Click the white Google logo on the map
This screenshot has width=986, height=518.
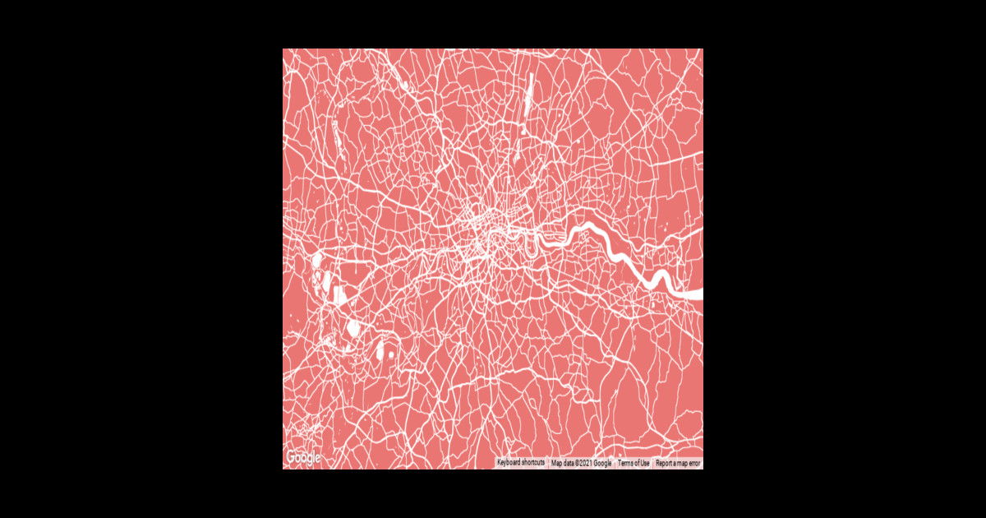(302, 458)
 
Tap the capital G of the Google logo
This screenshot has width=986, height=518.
(291, 457)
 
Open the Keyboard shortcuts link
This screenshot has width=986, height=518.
(521, 463)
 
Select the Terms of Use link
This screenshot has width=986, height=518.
(634, 463)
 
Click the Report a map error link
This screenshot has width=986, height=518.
(678, 463)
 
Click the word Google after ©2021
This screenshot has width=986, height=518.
(602, 463)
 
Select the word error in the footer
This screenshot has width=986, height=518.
(693, 463)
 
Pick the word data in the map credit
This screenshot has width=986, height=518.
(566, 463)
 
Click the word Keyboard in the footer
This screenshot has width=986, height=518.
(510, 463)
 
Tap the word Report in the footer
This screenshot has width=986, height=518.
(665, 463)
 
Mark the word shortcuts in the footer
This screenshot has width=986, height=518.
(532, 463)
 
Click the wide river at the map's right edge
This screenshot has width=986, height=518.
(690, 294)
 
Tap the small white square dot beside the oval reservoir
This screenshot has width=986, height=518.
(391, 354)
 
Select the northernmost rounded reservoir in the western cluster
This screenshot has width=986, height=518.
(316, 261)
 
